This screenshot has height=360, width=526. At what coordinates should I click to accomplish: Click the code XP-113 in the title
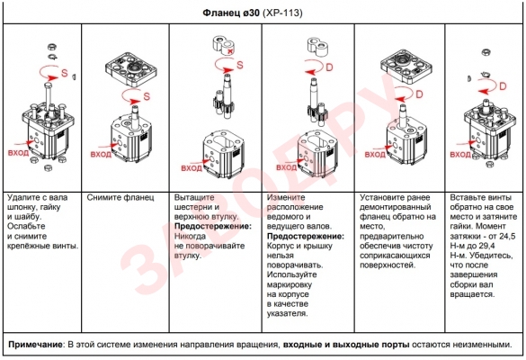283,13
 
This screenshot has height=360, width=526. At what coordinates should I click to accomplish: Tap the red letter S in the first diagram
65,73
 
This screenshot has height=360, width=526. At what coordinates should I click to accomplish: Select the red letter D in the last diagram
503,86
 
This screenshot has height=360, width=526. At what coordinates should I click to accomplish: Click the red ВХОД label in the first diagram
19,153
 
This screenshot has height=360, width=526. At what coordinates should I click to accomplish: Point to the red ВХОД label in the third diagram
192,168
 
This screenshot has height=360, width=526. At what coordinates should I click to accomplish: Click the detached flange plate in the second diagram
131,68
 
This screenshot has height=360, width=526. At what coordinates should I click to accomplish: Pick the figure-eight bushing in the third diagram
223,45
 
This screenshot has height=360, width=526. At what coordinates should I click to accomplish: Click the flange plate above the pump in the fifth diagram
406,67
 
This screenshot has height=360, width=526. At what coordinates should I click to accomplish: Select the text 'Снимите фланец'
120,197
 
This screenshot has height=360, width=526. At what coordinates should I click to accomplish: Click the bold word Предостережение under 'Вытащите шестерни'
213,226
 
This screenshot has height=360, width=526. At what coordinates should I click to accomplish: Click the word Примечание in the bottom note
35,345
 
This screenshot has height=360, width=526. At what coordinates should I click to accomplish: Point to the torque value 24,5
507,236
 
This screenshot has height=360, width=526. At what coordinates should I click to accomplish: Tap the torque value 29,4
486,246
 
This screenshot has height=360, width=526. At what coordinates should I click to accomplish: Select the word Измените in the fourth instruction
286,197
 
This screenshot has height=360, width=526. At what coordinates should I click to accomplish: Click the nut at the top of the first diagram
52,47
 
